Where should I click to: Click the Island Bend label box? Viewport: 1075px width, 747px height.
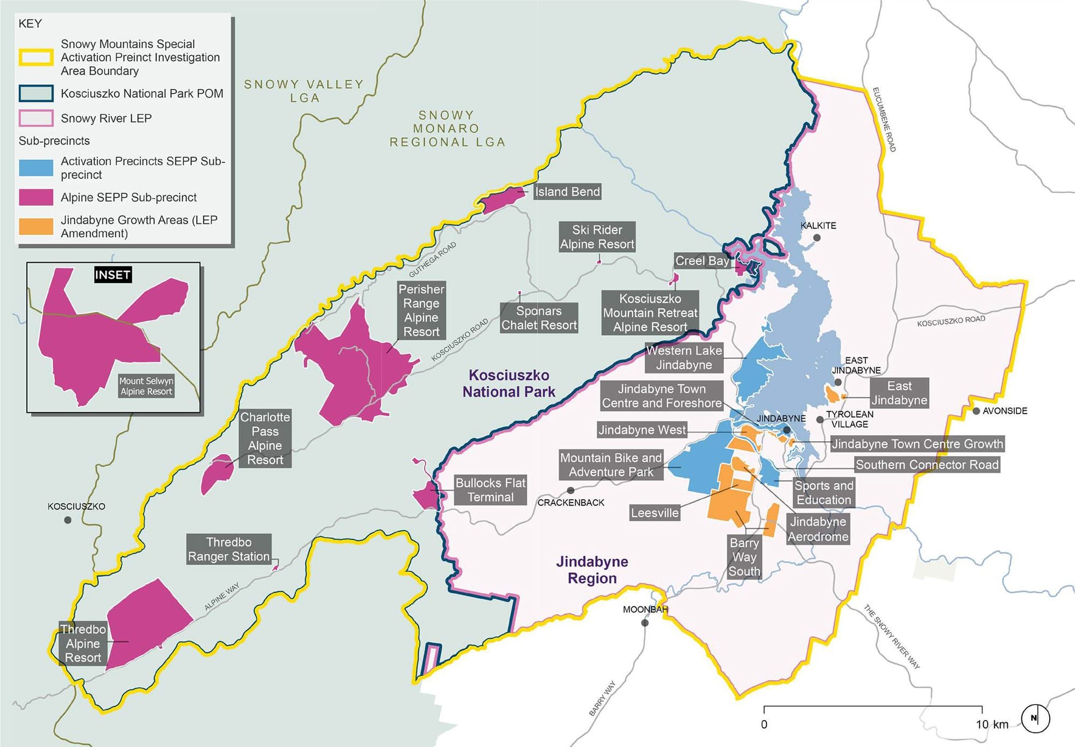click(x=567, y=192)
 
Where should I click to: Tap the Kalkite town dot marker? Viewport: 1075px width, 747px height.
click(x=817, y=238)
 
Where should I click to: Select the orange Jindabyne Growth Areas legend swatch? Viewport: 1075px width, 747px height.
click(x=36, y=226)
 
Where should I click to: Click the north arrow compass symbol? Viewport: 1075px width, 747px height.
click(x=1035, y=719)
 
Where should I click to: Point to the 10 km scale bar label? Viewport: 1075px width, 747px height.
click(x=992, y=724)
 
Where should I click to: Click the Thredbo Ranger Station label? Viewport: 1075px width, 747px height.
click(x=228, y=549)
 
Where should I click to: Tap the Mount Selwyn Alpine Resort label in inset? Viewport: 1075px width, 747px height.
click(x=146, y=386)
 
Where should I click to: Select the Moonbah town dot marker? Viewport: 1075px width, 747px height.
click(x=645, y=623)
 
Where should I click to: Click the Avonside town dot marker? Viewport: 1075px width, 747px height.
click(x=976, y=411)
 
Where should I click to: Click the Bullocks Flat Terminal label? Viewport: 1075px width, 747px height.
click(x=490, y=490)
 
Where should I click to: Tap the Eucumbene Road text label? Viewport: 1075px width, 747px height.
click(x=884, y=119)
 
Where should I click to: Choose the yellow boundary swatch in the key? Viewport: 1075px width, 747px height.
click(x=36, y=58)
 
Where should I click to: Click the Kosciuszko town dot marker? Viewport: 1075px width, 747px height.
click(x=68, y=520)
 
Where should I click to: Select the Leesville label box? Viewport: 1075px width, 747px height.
click(x=655, y=513)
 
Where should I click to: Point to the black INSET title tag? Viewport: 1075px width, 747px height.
click(x=113, y=275)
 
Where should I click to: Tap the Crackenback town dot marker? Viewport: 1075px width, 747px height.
click(x=571, y=490)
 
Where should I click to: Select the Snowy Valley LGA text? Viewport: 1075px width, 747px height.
click(x=304, y=91)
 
